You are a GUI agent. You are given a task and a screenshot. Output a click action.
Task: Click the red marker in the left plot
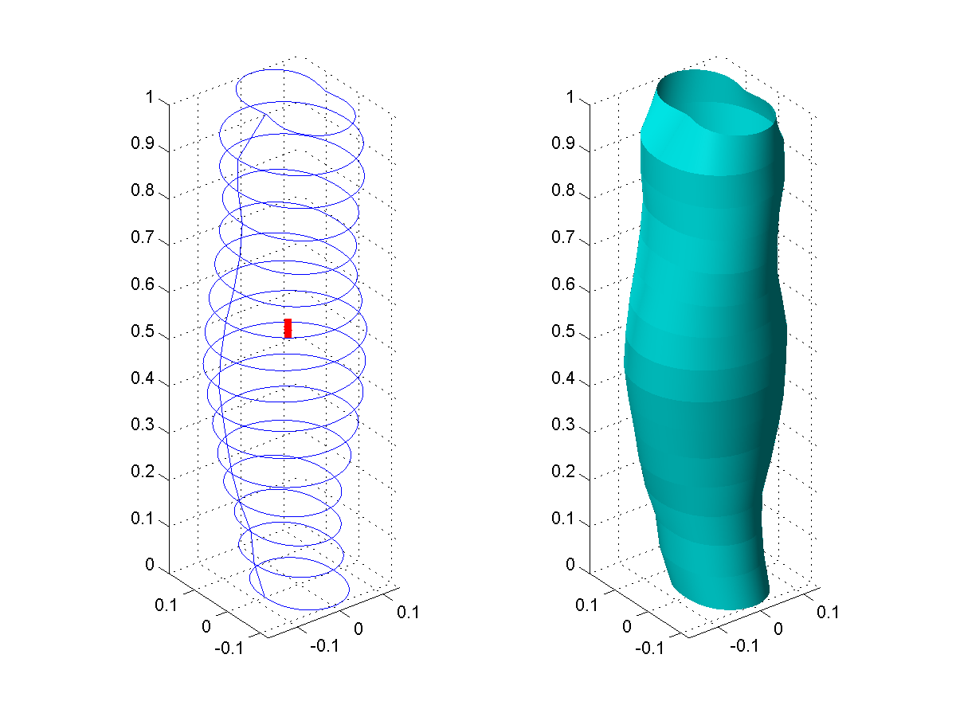coord(288,328)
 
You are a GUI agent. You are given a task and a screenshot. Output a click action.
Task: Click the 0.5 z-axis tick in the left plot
coord(143,331)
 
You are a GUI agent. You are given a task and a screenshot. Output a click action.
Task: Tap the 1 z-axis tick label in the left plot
coord(150,96)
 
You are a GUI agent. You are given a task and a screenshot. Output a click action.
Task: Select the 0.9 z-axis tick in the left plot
coord(143,143)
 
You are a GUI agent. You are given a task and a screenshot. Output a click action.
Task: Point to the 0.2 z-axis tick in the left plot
coord(143,471)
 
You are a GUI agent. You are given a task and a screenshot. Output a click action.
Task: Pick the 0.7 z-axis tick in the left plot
coord(143,237)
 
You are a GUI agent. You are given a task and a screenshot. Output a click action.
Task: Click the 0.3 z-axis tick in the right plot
coord(563,424)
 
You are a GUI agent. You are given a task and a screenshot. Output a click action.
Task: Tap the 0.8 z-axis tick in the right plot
coord(563,190)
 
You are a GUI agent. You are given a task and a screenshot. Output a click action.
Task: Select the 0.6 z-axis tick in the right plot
coord(563,284)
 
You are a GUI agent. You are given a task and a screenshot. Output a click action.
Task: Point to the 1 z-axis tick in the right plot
coord(570,96)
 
